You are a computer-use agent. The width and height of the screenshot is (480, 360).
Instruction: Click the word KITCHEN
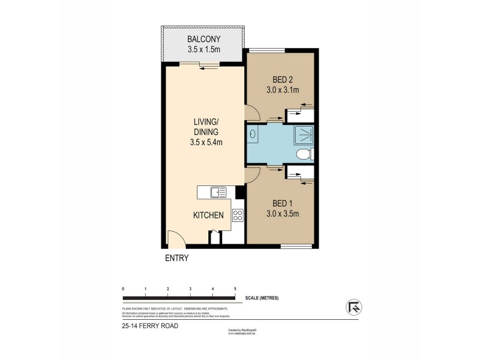(x=208, y=215)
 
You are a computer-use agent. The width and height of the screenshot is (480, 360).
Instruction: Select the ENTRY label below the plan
(x=177, y=259)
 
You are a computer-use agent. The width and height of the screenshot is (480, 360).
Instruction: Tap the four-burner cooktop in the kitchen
(x=237, y=215)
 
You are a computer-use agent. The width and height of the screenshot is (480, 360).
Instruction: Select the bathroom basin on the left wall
(x=251, y=135)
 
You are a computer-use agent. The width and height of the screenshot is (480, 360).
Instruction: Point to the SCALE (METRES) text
(x=262, y=298)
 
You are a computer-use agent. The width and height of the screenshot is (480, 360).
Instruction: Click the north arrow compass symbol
(x=353, y=307)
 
